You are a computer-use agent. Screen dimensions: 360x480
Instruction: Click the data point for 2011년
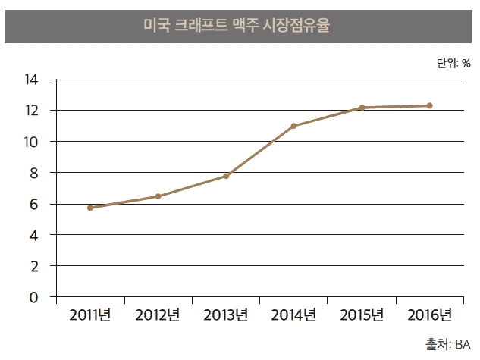(x=90, y=208)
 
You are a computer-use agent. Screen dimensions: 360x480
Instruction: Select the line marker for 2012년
(x=158, y=196)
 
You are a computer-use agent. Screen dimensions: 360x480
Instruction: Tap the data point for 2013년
(x=226, y=176)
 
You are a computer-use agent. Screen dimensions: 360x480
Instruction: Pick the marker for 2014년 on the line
(x=293, y=126)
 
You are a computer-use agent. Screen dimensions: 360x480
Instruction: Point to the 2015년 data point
(x=362, y=108)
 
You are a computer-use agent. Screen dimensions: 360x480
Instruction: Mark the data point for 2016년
(x=429, y=106)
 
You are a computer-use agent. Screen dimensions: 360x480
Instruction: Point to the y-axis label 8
(x=33, y=173)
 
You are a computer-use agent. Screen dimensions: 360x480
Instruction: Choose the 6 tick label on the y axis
(x=33, y=204)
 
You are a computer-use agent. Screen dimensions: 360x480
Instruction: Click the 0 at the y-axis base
(x=33, y=297)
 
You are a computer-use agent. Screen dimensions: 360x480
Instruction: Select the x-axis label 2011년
(x=90, y=315)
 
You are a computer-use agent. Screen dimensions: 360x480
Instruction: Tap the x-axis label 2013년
(x=226, y=315)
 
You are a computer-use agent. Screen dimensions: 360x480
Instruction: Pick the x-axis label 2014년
(x=293, y=315)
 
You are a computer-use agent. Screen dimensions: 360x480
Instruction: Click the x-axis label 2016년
(x=429, y=315)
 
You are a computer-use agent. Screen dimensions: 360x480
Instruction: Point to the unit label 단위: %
(x=453, y=63)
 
